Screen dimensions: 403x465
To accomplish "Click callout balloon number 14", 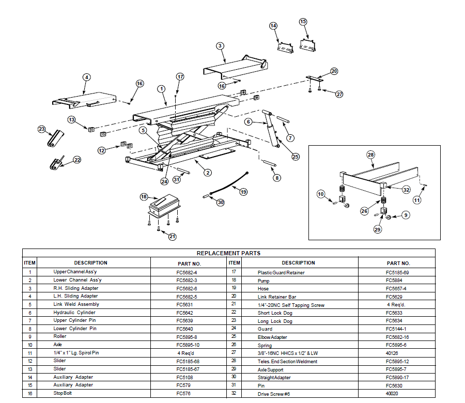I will pyautogui.click(x=273, y=26).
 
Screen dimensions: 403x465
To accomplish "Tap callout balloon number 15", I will pyautogui.click(x=303, y=22).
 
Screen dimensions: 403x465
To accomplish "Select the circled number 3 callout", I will pyautogui.click(x=220, y=46).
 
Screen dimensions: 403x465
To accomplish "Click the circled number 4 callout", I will pyautogui.click(x=87, y=77).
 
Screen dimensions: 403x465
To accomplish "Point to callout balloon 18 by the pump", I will pyautogui.click(x=144, y=197).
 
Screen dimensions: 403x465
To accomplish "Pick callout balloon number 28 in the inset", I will pyautogui.click(x=370, y=154).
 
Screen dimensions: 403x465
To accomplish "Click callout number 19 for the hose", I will pyautogui.click(x=243, y=192).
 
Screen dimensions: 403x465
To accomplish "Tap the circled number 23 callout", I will pyautogui.click(x=42, y=129).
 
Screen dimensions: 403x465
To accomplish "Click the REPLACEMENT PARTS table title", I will pyautogui.click(x=228, y=253).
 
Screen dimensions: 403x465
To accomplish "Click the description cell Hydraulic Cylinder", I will pyautogui.click(x=76, y=313).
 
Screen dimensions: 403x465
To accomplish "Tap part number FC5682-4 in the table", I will pyautogui.click(x=187, y=272).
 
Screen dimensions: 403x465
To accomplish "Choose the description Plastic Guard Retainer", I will pyautogui.click(x=281, y=272).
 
